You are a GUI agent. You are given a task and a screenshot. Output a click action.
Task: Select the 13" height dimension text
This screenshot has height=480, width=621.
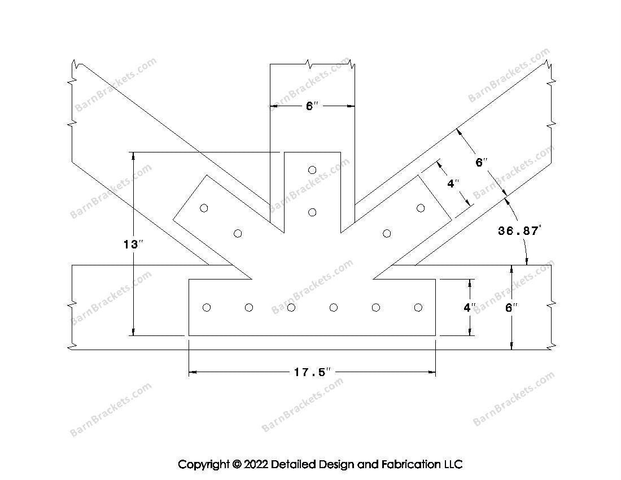pyautogui.click(x=133, y=245)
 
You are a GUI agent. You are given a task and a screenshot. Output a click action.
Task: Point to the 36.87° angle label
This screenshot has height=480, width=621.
pyautogui.click(x=519, y=230)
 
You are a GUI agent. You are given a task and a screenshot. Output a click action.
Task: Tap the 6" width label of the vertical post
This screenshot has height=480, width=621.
pyautogui.click(x=312, y=106)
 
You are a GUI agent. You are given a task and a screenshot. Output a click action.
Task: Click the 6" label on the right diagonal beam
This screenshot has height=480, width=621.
pyautogui.click(x=481, y=163)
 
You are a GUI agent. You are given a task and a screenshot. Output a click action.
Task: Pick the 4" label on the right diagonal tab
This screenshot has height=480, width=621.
pyautogui.click(x=453, y=184)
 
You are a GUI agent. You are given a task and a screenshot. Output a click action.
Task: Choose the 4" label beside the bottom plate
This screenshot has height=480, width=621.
pyautogui.click(x=469, y=308)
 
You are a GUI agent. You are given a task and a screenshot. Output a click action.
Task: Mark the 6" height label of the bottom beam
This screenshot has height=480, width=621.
pyautogui.click(x=511, y=308)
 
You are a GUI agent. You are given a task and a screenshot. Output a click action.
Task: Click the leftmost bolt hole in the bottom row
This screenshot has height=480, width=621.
pyautogui.click(x=207, y=307)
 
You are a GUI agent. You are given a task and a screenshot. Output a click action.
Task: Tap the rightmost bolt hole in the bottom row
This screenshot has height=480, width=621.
pyautogui.click(x=418, y=307)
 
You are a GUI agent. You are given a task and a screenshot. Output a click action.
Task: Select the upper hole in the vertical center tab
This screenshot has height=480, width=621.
pyautogui.click(x=312, y=169)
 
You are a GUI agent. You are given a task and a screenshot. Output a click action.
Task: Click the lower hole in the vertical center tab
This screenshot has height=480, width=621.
pyautogui.click(x=312, y=212)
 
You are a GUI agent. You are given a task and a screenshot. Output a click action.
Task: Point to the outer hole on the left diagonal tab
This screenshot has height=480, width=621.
pyautogui.click(x=204, y=208)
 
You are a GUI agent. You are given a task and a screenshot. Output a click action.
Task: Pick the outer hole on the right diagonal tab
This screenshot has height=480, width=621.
pyautogui.click(x=421, y=208)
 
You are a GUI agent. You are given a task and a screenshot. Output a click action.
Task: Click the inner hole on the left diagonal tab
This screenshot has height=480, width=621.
pyautogui.click(x=238, y=233)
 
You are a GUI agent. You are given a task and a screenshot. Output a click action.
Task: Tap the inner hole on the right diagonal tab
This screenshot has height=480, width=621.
pyautogui.click(x=387, y=233)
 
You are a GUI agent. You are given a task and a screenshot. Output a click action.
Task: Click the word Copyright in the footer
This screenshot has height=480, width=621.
pyautogui.click(x=203, y=465)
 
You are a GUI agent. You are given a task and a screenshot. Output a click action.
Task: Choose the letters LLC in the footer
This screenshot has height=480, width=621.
pyautogui.click(x=451, y=464)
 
